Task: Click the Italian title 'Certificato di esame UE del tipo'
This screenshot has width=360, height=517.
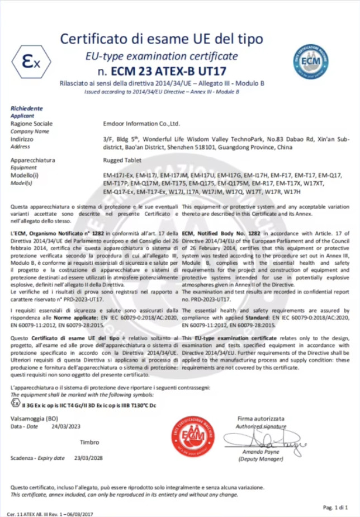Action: (162, 39)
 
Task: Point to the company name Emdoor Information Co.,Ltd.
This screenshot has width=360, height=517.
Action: (141, 123)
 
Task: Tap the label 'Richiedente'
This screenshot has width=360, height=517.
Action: (26, 108)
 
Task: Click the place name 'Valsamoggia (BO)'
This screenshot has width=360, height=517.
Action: (34, 418)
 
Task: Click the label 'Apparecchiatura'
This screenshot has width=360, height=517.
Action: (33, 160)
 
